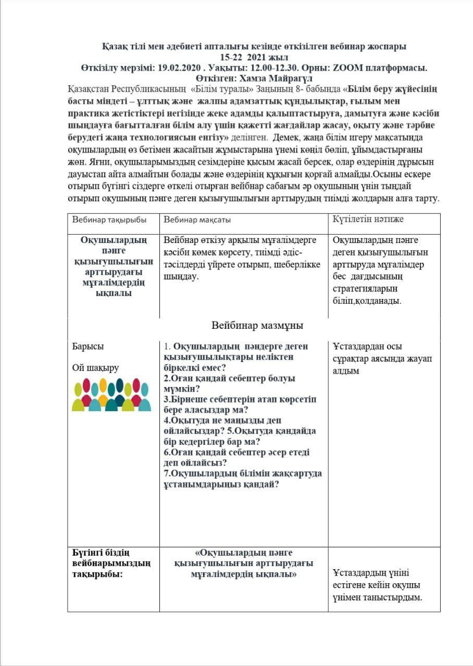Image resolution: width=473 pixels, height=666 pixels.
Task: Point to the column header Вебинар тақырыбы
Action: tap(109, 220)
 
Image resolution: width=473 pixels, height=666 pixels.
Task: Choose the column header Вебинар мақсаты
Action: tap(197, 220)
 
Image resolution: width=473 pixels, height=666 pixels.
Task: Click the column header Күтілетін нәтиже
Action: tap(368, 219)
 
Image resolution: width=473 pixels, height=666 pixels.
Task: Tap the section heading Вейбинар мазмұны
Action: tap(257, 326)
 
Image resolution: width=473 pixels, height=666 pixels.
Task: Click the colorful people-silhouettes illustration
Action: tap(111, 395)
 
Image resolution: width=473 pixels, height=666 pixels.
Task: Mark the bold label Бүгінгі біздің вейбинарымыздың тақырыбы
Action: tap(111, 563)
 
